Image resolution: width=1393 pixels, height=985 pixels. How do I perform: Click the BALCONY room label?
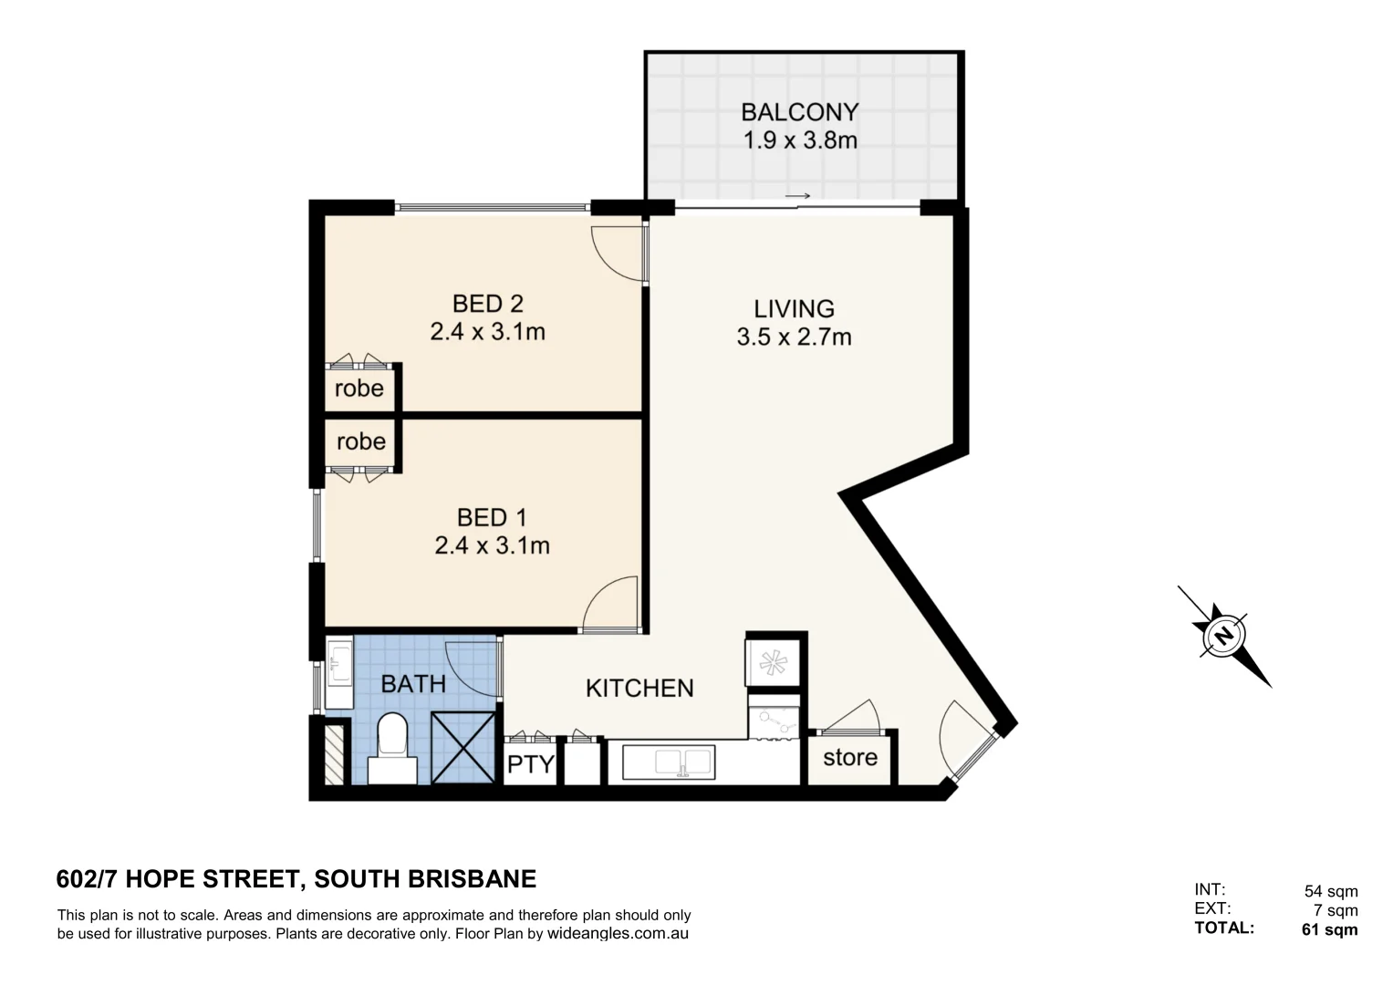click(799, 112)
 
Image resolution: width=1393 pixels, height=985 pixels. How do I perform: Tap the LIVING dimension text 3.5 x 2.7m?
click(794, 337)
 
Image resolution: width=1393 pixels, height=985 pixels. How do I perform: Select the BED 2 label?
click(488, 303)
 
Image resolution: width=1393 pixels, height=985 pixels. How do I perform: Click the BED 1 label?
click(492, 518)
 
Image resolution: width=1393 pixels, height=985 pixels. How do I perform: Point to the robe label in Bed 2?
click(359, 389)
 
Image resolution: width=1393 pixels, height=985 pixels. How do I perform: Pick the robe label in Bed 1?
click(361, 441)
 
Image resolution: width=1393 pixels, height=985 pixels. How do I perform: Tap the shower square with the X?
click(464, 747)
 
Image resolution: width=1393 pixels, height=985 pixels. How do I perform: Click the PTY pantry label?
click(530, 764)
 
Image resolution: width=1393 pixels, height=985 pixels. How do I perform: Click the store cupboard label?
click(850, 757)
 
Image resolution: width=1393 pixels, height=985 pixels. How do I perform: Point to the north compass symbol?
click(1223, 635)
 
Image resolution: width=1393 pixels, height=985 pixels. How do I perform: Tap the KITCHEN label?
click(639, 688)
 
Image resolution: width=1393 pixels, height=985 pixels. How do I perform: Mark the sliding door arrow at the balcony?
click(797, 196)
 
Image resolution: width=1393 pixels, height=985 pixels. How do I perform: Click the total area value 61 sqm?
click(1329, 930)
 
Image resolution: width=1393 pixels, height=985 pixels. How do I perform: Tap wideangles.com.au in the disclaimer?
click(618, 934)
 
